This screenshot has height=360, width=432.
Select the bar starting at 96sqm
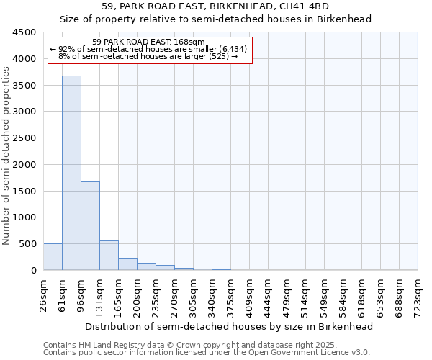click(90, 225)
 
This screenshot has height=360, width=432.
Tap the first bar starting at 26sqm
click(53, 256)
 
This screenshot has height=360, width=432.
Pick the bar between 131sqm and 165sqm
click(109, 255)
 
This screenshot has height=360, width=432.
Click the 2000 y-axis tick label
click(24, 165)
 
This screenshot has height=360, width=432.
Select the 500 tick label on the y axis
click(27, 244)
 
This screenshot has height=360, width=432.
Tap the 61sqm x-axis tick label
click(63, 293)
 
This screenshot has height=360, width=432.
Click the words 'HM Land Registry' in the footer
click(109, 345)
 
